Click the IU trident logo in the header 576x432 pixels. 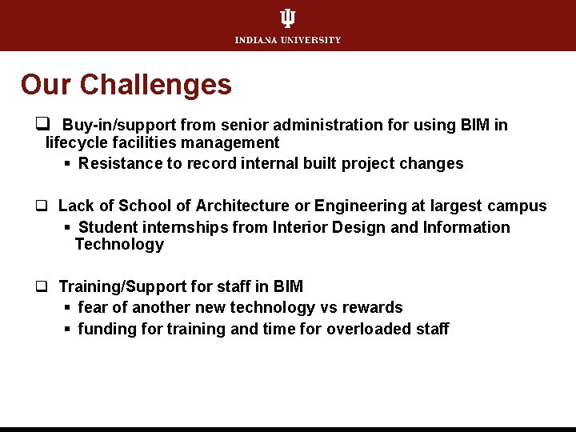coord(288,18)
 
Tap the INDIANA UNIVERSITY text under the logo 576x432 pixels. coord(288,40)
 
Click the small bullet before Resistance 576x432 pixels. coord(69,164)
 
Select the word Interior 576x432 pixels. coord(302,228)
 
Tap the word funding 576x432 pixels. coord(106,330)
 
